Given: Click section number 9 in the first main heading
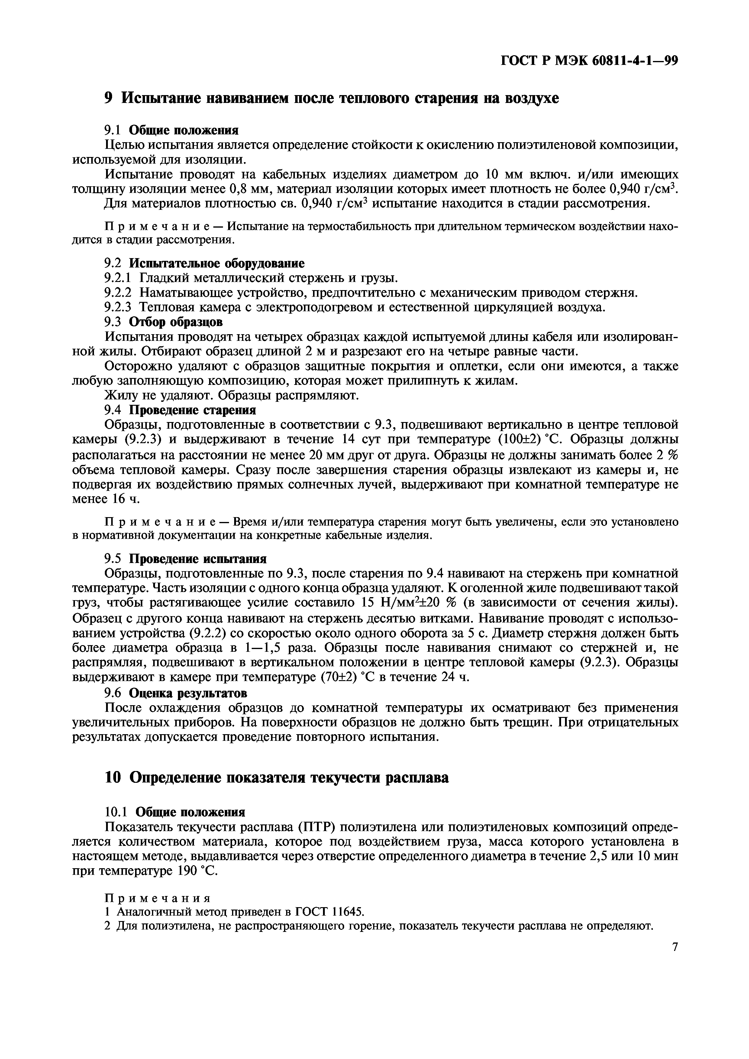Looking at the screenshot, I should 109,98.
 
